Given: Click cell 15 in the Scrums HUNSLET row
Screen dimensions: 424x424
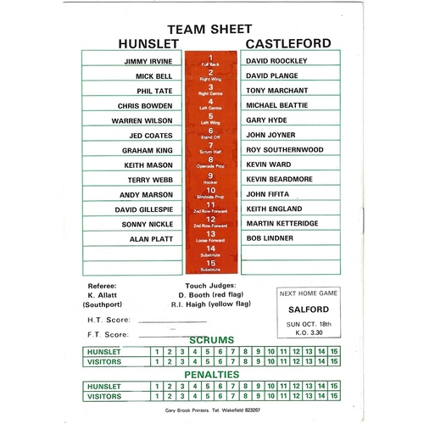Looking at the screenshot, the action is (x=334, y=350).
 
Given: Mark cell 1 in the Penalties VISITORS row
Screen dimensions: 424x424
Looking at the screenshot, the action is (x=157, y=395).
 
